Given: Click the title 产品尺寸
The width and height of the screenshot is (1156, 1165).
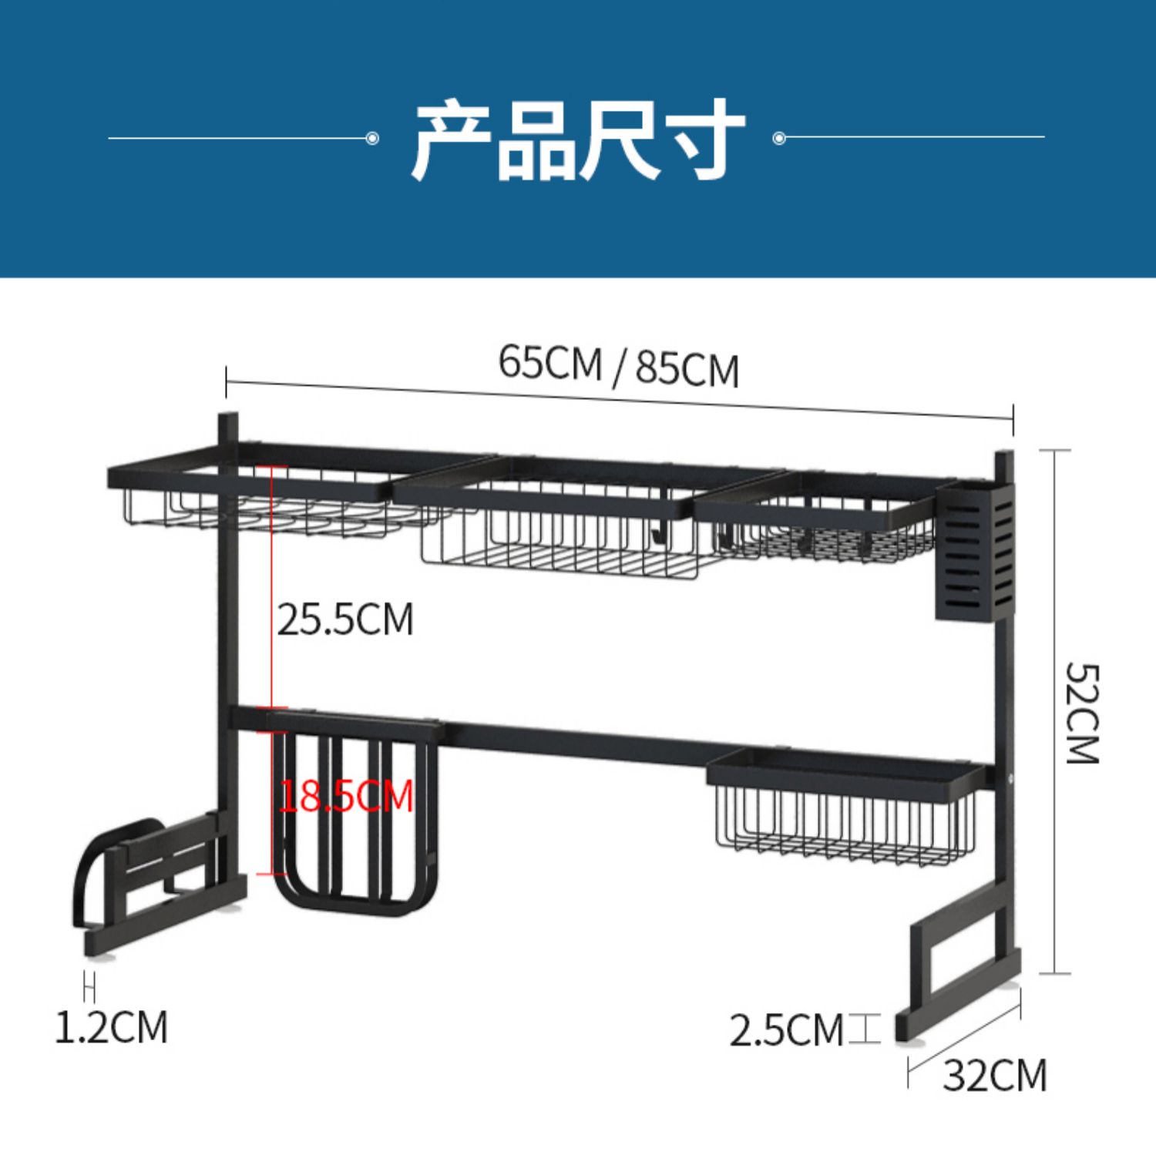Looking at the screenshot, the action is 578,139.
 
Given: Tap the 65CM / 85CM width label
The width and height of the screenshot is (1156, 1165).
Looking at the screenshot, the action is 619,365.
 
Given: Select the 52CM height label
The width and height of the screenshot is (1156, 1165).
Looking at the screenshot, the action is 1082,713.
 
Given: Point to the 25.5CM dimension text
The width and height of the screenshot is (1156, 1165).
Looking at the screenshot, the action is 345,619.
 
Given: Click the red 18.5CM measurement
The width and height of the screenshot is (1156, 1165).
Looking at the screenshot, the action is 345,795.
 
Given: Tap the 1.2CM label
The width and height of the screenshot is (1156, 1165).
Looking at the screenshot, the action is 111,1026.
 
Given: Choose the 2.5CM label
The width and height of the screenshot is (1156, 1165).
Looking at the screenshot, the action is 786,1030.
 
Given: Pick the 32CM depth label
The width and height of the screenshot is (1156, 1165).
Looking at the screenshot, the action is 995,1075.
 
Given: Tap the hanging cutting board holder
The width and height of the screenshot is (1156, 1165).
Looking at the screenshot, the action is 356,814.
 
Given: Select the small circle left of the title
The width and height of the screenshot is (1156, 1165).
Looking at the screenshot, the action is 372,139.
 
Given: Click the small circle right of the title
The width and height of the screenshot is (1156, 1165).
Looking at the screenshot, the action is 778,139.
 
